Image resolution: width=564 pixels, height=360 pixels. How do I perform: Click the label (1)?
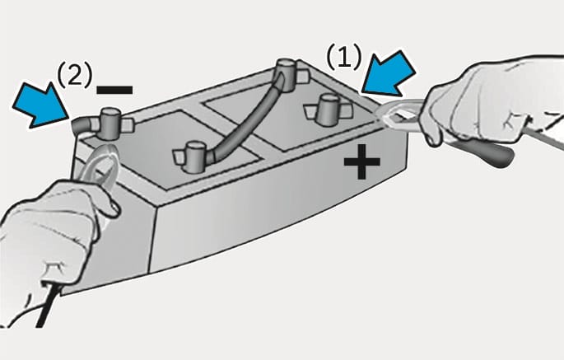pyautogui.click(x=343, y=57)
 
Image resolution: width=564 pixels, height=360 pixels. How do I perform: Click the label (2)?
pyautogui.click(x=74, y=75)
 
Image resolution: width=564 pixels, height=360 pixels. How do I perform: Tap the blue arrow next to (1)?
pyautogui.click(x=389, y=74)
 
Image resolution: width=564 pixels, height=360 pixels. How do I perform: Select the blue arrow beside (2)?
pyautogui.click(x=40, y=105)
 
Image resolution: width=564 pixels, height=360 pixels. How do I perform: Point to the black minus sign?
pyautogui.click(x=114, y=90)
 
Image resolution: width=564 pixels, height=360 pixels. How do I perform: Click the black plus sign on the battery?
pyautogui.click(x=361, y=161)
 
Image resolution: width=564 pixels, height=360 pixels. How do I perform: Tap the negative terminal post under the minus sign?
pyautogui.click(x=110, y=124)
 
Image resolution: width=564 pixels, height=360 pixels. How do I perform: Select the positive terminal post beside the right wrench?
pyautogui.click(x=329, y=109)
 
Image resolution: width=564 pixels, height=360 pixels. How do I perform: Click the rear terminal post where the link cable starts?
pyautogui.click(x=287, y=72)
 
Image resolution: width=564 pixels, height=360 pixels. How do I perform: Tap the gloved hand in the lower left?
pyautogui.click(x=50, y=245)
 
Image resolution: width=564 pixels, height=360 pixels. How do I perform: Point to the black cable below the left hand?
pyautogui.click(x=46, y=306)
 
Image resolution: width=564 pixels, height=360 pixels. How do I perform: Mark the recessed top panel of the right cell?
pyautogui.click(x=287, y=119)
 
